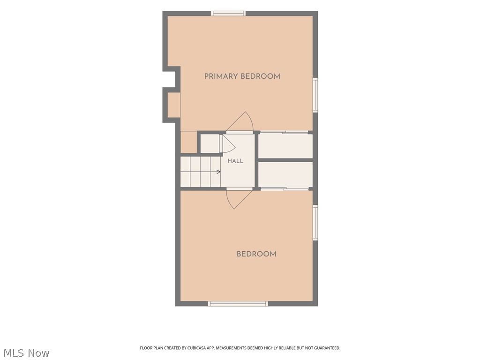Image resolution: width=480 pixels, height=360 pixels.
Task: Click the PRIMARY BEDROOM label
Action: coord(242,76)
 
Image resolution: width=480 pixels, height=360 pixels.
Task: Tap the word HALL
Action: coord(235,161)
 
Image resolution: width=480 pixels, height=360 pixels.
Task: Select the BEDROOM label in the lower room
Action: coord(256,254)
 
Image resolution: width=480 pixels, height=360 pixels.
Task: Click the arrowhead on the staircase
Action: coord(218,172)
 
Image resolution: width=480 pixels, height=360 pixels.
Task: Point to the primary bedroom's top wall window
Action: coord(228,14)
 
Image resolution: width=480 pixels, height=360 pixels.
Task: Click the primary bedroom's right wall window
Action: coord(315,95)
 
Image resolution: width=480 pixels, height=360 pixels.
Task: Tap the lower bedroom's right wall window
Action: coord(315,223)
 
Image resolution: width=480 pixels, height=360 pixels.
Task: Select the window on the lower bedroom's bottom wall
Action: coord(238,304)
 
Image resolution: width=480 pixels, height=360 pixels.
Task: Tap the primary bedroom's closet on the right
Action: coord(285,146)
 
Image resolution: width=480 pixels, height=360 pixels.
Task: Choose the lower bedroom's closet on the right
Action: coord(285,174)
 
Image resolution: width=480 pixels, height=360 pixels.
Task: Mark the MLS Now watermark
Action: coord(27,353)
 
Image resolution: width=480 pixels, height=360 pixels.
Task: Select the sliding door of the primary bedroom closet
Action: coord(284,133)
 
